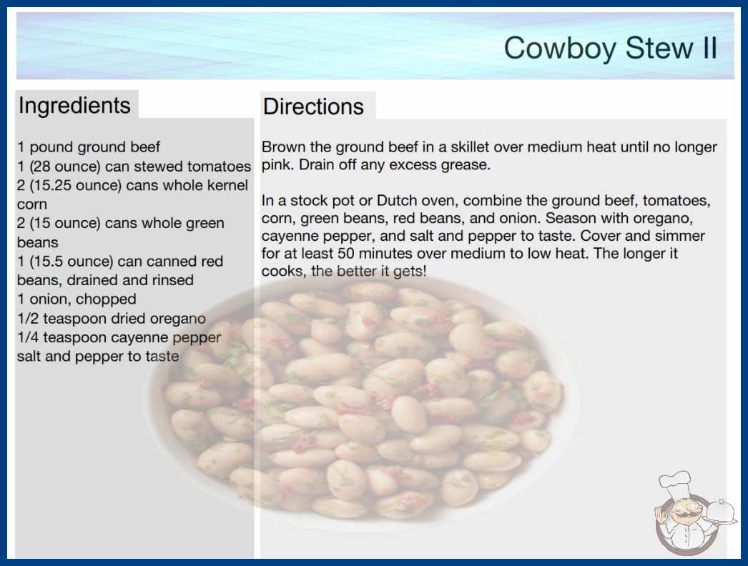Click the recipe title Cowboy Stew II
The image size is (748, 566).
610,48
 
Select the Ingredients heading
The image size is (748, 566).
74,106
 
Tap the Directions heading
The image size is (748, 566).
313,106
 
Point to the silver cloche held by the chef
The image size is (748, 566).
721,512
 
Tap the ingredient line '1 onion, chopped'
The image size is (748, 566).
77,299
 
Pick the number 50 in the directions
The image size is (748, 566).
347,253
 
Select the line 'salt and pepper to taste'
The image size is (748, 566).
98,356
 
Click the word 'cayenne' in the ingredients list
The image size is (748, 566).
142,337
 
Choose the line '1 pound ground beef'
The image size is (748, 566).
89,147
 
